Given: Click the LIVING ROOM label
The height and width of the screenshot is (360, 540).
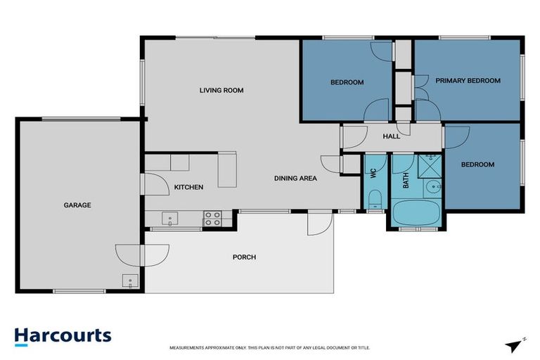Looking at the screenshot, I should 221,90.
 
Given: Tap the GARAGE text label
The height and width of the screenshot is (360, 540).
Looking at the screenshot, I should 77,205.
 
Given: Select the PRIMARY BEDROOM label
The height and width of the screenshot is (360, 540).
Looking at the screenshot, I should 468,81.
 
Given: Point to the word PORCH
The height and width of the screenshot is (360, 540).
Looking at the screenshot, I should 244,257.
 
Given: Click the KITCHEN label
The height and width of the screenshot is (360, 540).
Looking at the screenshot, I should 188,187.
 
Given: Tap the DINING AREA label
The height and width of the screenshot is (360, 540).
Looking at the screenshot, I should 295,179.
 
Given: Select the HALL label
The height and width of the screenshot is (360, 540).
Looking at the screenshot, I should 391,136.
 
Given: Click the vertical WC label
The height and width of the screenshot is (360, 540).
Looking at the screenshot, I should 373,173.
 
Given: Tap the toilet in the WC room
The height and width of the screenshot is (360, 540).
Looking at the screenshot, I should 374,198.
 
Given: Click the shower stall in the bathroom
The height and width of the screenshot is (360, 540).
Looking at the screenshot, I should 428,165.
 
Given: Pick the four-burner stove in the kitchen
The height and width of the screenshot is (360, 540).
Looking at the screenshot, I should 212,219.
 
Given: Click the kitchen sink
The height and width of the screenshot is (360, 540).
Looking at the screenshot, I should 170,219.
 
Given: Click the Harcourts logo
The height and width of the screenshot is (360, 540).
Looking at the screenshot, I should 63,335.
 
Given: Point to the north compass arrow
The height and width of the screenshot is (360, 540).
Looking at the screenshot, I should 514,345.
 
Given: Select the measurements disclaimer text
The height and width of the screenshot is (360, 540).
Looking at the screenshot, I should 270,348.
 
